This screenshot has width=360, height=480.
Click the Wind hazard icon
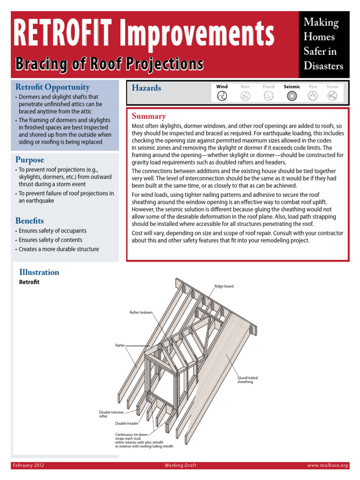(222, 96)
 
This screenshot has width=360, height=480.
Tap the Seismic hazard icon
(292, 96)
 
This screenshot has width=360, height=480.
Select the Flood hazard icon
(268, 96)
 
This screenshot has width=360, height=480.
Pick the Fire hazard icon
(313, 96)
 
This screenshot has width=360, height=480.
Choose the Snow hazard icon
(332, 96)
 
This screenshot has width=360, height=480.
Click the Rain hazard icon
(245, 96)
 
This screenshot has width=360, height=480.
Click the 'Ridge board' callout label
(224, 286)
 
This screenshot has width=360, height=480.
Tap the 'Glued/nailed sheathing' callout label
(247, 380)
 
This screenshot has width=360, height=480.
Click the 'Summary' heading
(149, 116)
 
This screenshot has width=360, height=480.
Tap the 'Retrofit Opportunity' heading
(52, 87)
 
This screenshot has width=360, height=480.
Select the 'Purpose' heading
(30, 160)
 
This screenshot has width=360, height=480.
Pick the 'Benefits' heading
(30, 221)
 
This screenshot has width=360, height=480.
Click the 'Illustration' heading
(39, 272)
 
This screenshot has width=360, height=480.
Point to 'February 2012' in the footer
(29, 465)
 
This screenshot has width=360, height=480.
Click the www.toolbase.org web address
(328, 465)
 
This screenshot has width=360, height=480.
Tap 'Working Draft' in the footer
(180, 465)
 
